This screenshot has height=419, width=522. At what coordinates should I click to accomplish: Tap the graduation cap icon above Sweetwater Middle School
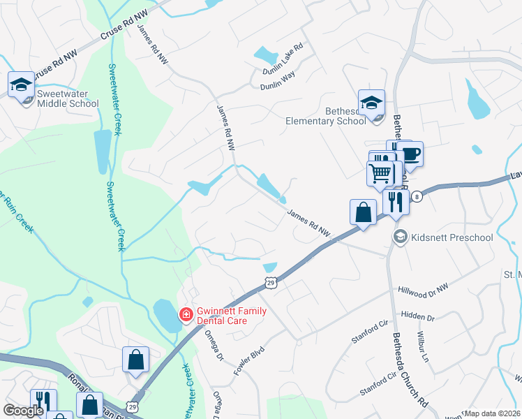pyautogui.click(x=21, y=84)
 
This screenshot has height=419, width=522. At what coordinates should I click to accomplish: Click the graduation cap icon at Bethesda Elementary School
pyautogui.click(x=371, y=103)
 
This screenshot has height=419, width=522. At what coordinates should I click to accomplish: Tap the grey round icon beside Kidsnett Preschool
pyautogui.click(x=400, y=237)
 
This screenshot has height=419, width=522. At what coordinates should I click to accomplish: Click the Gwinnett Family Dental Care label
pyautogui.click(x=230, y=315)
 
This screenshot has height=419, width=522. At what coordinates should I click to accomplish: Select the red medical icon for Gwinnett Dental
pyautogui.click(x=186, y=314)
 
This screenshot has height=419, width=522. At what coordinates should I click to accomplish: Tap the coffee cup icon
pyautogui.click(x=410, y=153)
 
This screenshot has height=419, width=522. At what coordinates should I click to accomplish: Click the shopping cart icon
pyautogui.click(x=380, y=172)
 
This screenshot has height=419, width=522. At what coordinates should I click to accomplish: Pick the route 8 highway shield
pyautogui.click(x=416, y=196)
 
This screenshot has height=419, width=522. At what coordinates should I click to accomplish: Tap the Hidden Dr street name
pyautogui.click(x=419, y=317)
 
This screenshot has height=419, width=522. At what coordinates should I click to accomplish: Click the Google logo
pyautogui.click(x=23, y=411)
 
